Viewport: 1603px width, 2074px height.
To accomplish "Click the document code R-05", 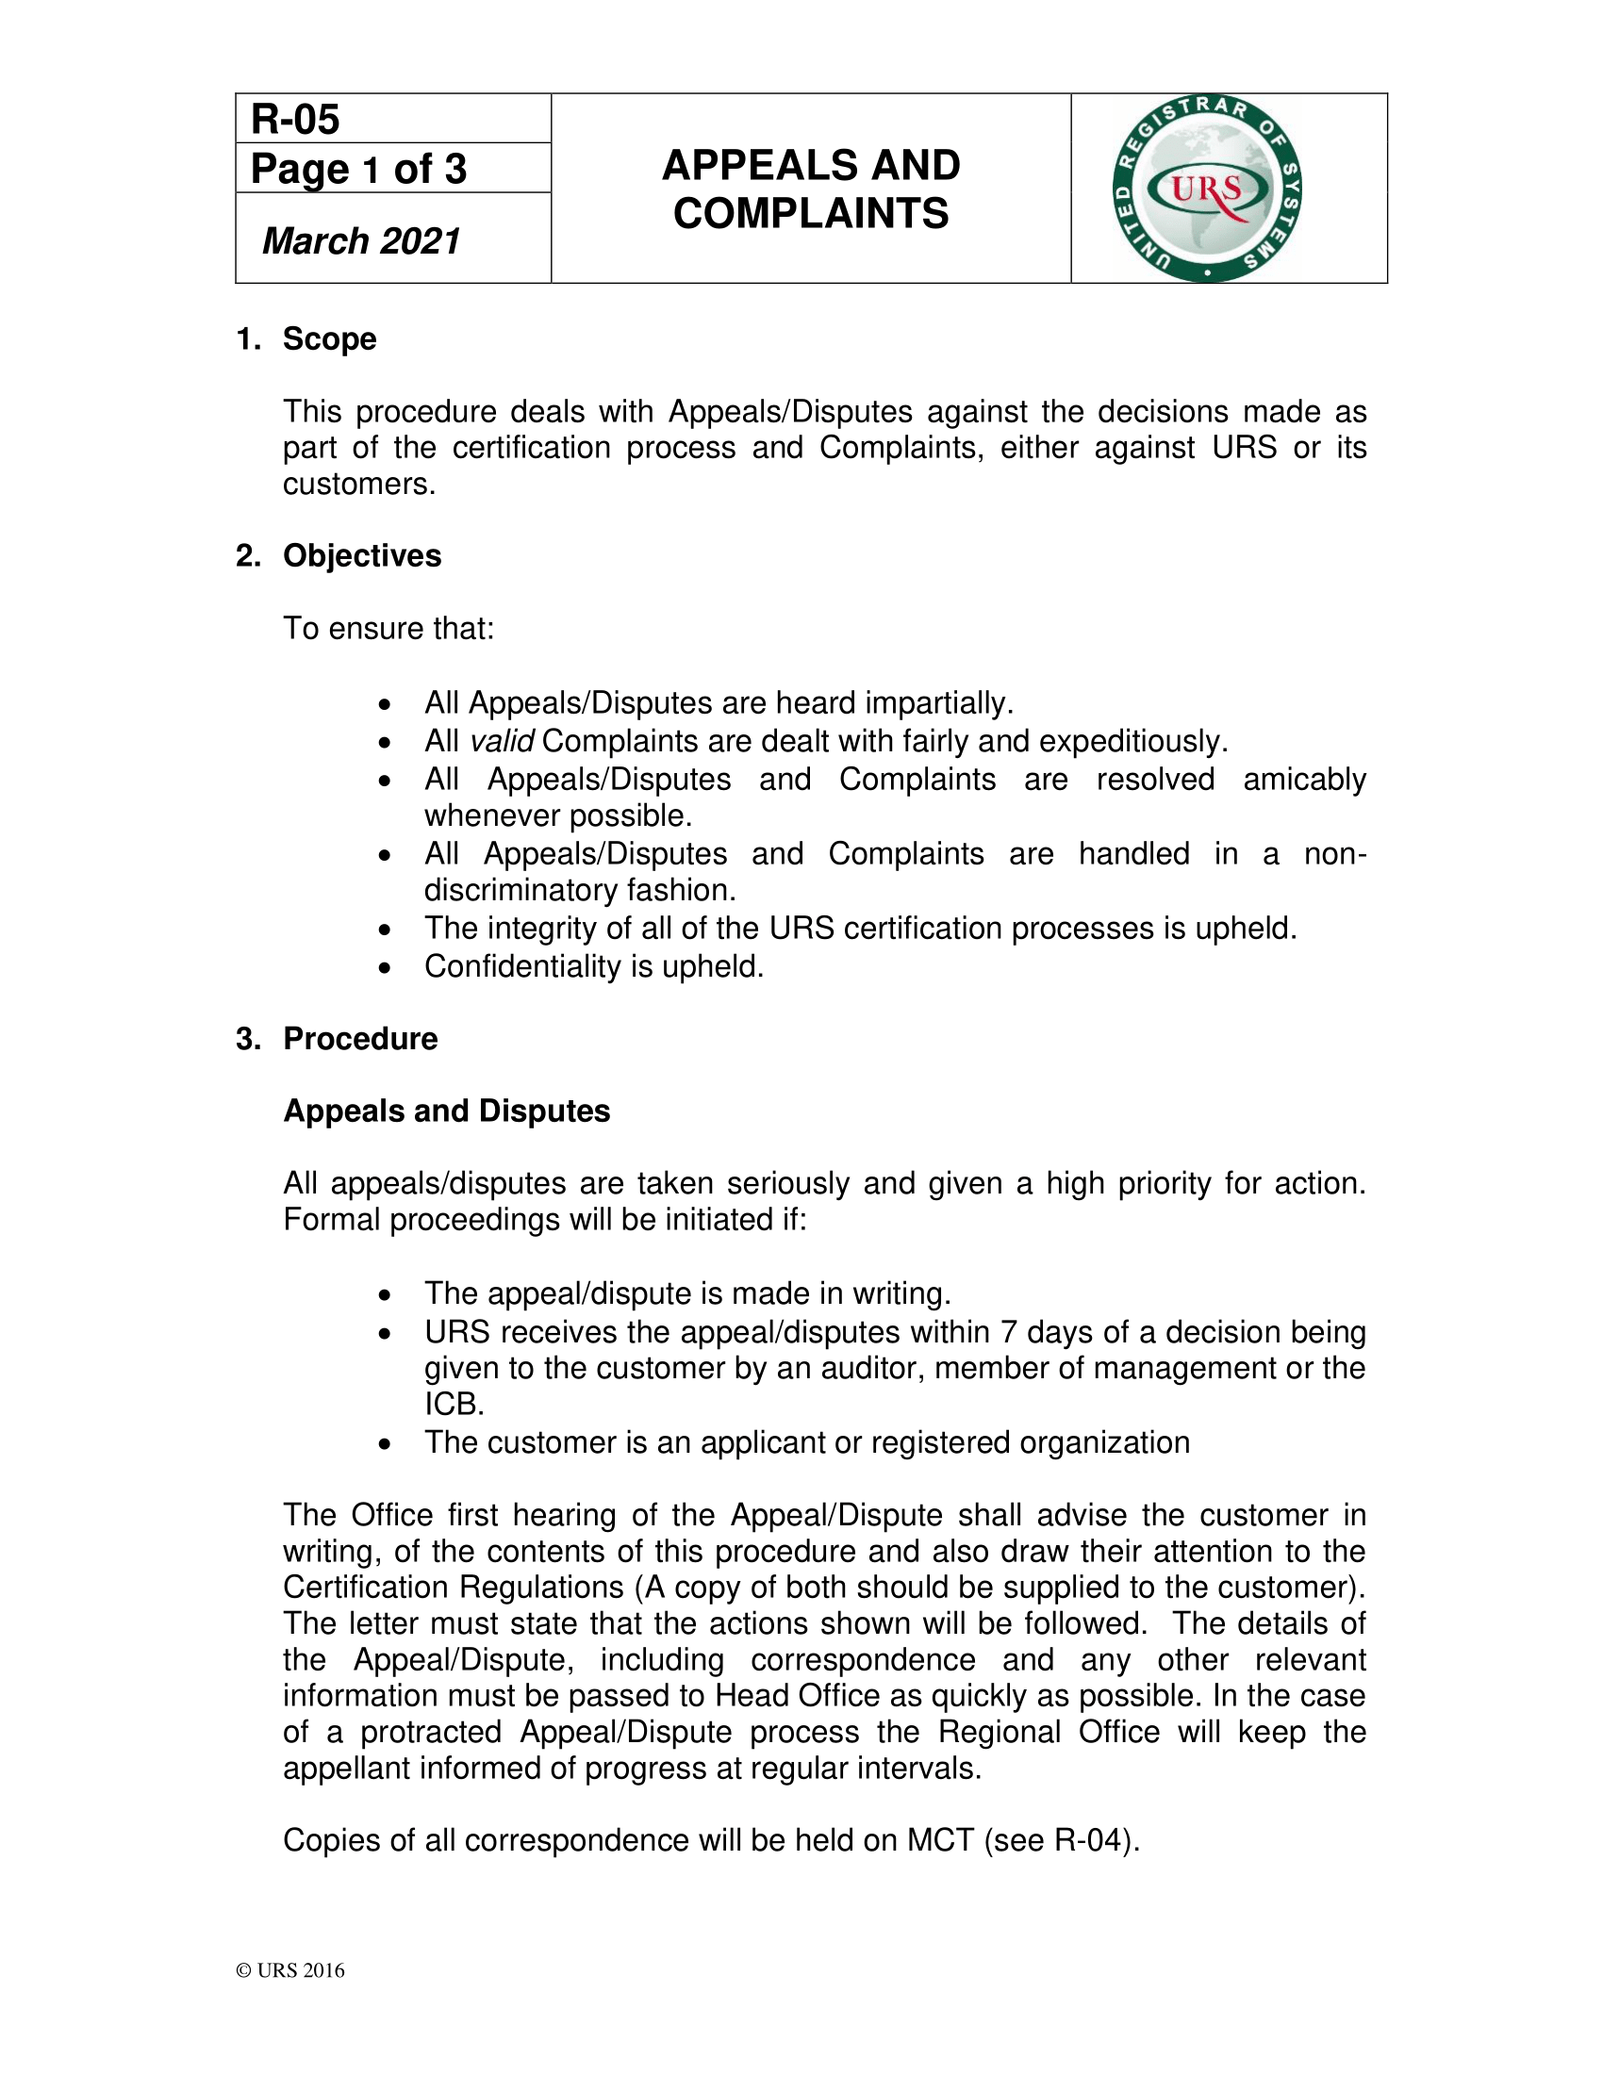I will [x=295, y=120].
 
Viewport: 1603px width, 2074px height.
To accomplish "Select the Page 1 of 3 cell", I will [x=358, y=169].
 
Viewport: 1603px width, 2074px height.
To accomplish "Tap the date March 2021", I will [x=361, y=241].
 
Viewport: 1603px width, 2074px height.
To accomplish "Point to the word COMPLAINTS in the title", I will [x=811, y=214].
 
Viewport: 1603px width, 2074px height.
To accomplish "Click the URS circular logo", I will [x=1207, y=188].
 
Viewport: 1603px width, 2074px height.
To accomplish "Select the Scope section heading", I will [x=328, y=339].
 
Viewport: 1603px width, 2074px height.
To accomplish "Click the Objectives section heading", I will [x=362, y=555].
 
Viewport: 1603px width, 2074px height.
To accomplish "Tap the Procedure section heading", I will [x=360, y=1039].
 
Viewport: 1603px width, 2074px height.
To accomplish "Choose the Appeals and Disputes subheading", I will [x=446, y=1111].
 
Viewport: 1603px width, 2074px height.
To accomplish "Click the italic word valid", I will [x=503, y=742].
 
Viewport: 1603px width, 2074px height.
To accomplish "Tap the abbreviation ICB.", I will [x=454, y=1404].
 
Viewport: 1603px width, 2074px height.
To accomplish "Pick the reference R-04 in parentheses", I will [x=1092, y=1840].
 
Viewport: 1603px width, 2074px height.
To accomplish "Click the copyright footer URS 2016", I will [x=290, y=1970].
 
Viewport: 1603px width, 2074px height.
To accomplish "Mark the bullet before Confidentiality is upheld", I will [x=384, y=968].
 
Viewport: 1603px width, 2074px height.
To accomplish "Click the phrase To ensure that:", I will [x=388, y=629].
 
